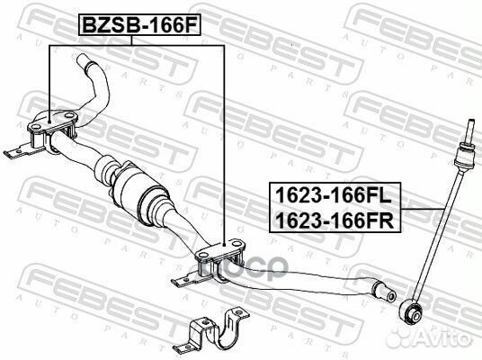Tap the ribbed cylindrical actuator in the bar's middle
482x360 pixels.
point(140,190)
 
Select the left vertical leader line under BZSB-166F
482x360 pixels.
point(48,81)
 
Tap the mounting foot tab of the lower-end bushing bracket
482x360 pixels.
point(184,280)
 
